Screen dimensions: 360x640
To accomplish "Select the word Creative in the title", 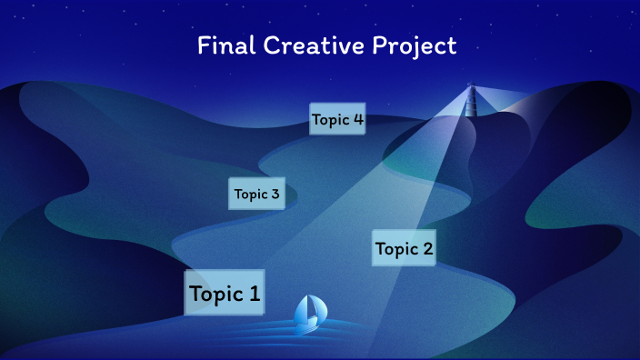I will point(307,45).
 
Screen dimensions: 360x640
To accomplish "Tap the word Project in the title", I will point(415,46).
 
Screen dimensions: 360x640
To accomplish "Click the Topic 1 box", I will point(225,293).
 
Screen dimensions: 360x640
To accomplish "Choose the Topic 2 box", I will point(404,248).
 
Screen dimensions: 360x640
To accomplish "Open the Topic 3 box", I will point(256,194).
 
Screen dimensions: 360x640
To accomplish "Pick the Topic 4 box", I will point(337,119).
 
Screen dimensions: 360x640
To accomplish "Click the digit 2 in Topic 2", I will point(427,248).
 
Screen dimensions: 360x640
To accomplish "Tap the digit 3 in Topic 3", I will point(275,194).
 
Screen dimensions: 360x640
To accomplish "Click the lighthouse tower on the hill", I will point(471,103).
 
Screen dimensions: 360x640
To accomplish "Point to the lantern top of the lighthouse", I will point(471,88).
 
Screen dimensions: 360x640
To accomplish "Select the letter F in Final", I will point(203,45).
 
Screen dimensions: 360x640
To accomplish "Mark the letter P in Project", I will point(380,45).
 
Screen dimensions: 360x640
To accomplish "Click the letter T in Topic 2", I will point(381,248).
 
